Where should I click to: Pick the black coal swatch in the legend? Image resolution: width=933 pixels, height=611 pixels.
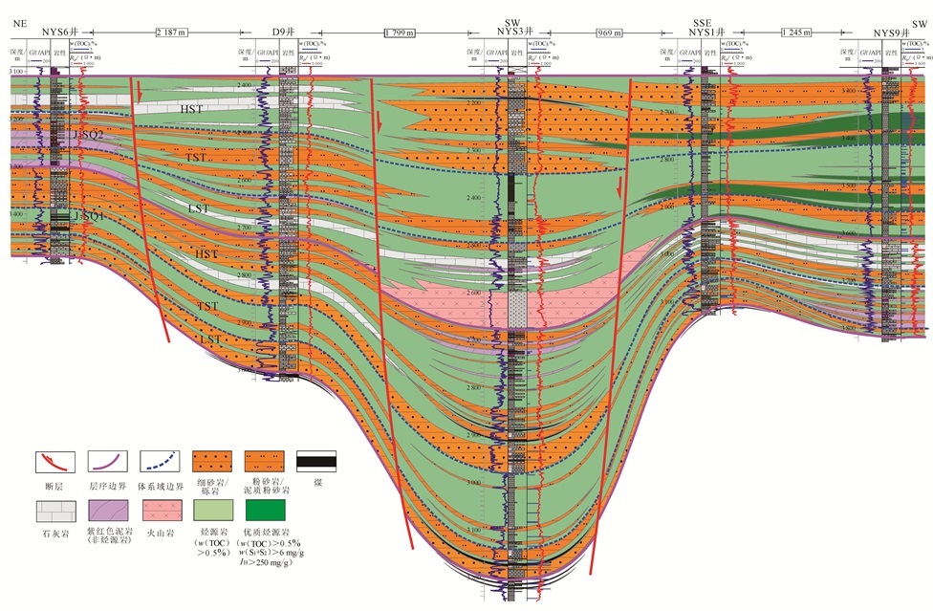coord(315,462)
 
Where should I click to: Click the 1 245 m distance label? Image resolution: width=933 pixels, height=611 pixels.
coord(796,33)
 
